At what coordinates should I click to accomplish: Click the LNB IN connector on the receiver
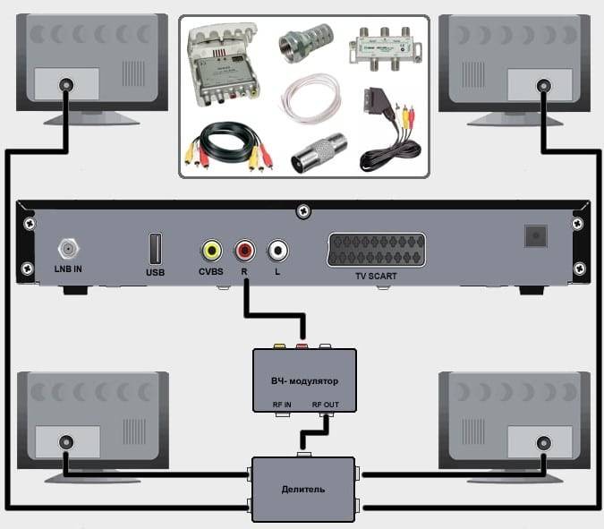click(x=68, y=249)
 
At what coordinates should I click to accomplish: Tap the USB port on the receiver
click(x=155, y=249)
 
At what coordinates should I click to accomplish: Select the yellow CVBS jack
click(x=211, y=251)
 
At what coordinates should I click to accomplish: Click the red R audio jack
click(x=244, y=251)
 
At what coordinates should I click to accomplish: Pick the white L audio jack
click(x=277, y=251)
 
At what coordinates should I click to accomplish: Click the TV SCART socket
click(x=377, y=250)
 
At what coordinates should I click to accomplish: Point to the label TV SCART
click(x=376, y=277)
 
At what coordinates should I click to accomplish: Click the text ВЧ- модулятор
click(x=305, y=381)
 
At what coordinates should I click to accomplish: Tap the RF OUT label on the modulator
click(x=326, y=405)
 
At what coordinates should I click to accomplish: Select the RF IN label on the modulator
click(x=282, y=405)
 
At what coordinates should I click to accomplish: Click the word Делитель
click(x=303, y=490)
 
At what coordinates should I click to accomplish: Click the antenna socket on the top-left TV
click(x=66, y=85)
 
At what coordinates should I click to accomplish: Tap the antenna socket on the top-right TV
click(x=543, y=86)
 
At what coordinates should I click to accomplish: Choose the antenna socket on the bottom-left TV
click(x=66, y=442)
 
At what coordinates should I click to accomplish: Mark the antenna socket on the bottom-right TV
click(x=543, y=443)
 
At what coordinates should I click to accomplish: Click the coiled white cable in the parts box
click(x=311, y=98)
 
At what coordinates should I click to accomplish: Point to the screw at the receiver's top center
click(x=303, y=210)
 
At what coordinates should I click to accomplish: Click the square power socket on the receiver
click(x=536, y=235)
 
